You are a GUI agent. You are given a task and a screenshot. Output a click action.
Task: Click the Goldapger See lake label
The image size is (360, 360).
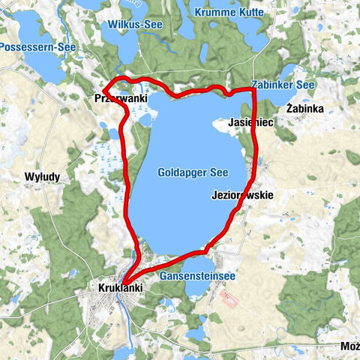tap(187, 172)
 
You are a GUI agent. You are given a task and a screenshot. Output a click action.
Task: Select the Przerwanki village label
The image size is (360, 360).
tap(121, 98)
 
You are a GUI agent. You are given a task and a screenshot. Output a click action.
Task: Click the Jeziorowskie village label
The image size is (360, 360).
tap(244, 195)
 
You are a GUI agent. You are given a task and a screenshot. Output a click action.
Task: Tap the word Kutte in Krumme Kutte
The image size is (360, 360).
tap(246, 12)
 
